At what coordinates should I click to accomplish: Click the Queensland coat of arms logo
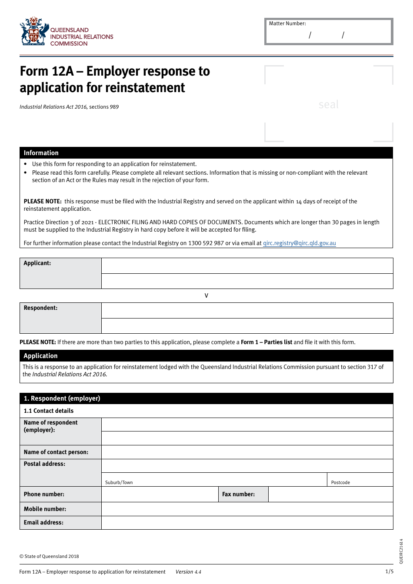pyautogui.click(x=34, y=31)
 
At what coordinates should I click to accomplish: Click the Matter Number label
pyautogui.click(x=287, y=23)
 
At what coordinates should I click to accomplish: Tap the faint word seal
pyautogui.click(x=328, y=104)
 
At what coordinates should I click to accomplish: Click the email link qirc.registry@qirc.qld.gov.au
pyautogui.click(x=299, y=243)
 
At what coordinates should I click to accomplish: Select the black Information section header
pyautogui.click(x=206, y=153)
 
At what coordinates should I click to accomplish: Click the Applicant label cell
pyautogui.click(x=60, y=273)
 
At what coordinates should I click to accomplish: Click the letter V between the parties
pyautogui.click(x=206, y=296)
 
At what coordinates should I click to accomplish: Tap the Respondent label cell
pyautogui.click(x=60, y=318)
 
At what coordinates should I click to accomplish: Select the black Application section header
pyautogui.click(x=206, y=356)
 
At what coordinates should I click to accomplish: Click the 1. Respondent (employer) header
pyautogui.click(x=206, y=398)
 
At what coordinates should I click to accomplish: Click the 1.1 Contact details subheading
pyautogui.click(x=49, y=411)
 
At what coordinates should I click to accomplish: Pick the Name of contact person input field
pyautogui.click(x=247, y=452)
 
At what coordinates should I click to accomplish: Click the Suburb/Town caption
pyautogui.click(x=119, y=482)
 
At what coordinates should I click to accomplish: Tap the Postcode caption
pyautogui.click(x=340, y=482)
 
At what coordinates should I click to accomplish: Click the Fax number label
pyautogui.click(x=239, y=494)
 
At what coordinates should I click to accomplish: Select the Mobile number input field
pyautogui.click(x=247, y=509)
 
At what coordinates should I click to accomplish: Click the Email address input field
pyautogui.click(x=247, y=522)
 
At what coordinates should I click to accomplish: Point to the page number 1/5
pyautogui.click(x=389, y=571)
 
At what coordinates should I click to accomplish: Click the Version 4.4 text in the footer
pyautogui.click(x=188, y=572)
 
